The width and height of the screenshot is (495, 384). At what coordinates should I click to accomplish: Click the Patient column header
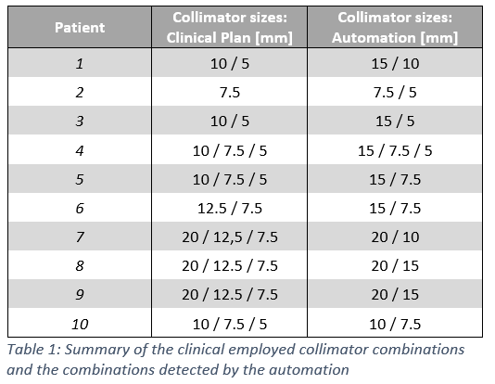click(80, 28)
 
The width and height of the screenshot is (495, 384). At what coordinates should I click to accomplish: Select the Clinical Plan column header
click(230, 28)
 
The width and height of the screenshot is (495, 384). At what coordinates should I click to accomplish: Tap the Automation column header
click(395, 28)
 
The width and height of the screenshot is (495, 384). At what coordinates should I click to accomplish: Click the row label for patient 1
click(80, 63)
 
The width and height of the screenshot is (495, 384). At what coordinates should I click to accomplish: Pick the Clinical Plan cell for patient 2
click(230, 93)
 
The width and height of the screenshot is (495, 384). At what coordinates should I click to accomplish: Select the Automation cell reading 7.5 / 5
click(395, 93)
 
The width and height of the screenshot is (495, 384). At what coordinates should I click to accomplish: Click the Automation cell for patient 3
click(395, 122)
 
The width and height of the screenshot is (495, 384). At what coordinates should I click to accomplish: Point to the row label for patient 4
click(80, 150)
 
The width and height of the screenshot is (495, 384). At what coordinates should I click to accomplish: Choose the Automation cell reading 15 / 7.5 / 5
click(395, 150)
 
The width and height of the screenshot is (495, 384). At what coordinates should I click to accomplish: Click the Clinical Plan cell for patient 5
click(230, 179)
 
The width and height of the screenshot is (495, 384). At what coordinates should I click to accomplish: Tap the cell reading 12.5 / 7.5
click(230, 209)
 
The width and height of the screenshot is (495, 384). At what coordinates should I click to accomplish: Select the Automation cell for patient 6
click(395, 209)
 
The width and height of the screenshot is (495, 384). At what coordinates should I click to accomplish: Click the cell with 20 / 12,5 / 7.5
click(230, 237)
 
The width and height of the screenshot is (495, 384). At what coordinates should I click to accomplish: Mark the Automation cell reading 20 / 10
click(395, 237)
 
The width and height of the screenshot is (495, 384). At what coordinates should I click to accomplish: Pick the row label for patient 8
click(80, 266)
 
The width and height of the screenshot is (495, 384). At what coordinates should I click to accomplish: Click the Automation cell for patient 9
click(395, 295)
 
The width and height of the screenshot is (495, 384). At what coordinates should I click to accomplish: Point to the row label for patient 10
click(80, 325)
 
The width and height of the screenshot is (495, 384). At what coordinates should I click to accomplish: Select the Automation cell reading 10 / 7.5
click(395, 325)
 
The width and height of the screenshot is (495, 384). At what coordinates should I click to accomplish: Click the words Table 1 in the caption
click(33, 350)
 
